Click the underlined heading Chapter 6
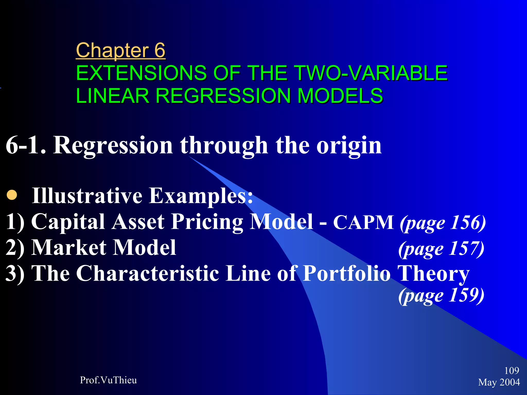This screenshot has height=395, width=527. click(x=120, y=50)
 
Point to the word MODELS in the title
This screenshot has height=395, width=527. click(x=340, y=96)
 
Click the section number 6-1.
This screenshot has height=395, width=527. click(x=26, y=146)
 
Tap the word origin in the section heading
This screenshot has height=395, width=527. click(x=349, y=146)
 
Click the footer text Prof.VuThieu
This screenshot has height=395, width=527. click(x=108, y=380)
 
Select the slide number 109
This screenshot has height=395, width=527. click(x=512, y=371)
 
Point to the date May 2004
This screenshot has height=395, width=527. click(x=499, y=382)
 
